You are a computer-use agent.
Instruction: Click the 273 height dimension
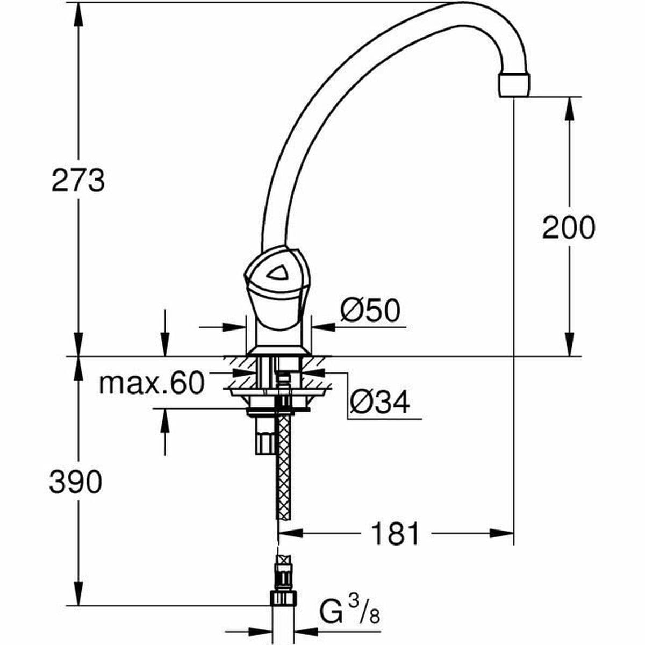78,180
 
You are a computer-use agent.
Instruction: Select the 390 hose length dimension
75,482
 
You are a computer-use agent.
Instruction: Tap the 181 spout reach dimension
395,534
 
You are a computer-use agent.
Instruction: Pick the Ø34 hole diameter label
379,402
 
